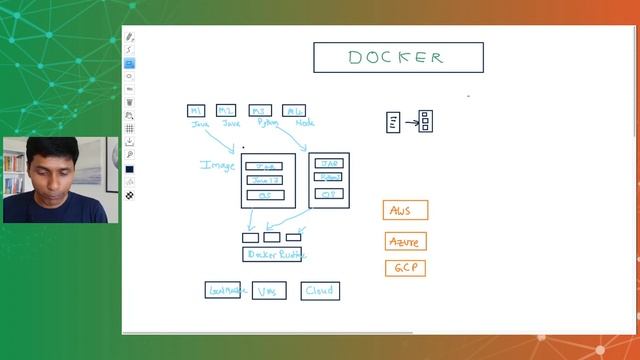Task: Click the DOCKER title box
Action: pyautogui.click(x=398, y=57)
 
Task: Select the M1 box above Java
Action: pyautogui.click(x=197, y=110)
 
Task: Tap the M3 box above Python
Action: pyautogui.click(x=260, y=110)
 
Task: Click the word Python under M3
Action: pyautogui.click(x=267, y=123)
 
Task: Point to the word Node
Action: pyautogui.click(x=305, y=123)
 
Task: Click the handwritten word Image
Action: pyautogui.click(x=218, y=165)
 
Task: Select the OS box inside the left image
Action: pyautogui.click(x=264, y=195)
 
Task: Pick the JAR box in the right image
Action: pyautogui.click(x=328, y=162)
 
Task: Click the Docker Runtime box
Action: pyautogui.click(x=272, y=255)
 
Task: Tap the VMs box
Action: pyautogui.click(x=268, y=291)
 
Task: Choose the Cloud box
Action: pyautogui.click(x=320, y=291)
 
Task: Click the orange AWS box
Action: pyautogui.click(x=405, y=210)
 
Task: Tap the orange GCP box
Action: pyautogui.click(x=405, y=268)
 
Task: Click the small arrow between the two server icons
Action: pyautogui.click(x=411, y=122)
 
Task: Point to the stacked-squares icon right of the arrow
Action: pyautogui.click(x=425, y=121)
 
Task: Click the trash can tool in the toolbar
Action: pyautogui.click(x=130, y=102)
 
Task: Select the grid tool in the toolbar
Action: pyautogui.click(x=130, y=129)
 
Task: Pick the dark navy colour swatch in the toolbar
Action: pyautogui.click(x=130, y=169)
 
